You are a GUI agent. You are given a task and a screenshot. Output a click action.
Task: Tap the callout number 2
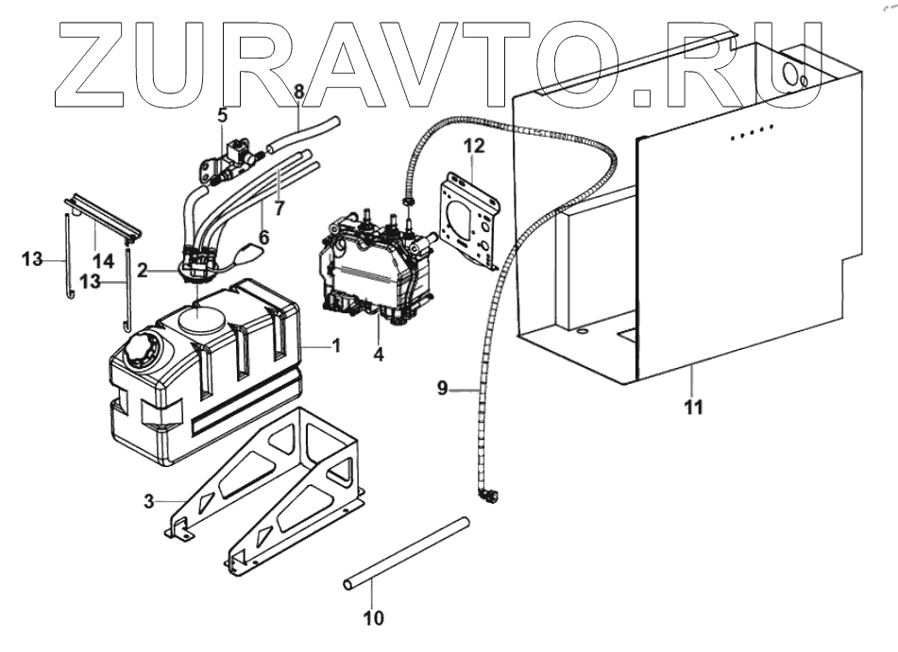(142, 269)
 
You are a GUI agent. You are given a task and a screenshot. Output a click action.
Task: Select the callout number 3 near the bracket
(148, 500)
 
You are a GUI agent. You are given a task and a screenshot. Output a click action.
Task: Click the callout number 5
(222, 116)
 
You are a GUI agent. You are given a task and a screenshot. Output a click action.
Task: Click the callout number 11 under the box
(693, 408)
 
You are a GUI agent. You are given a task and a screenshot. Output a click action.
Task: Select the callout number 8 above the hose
(298, 92)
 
